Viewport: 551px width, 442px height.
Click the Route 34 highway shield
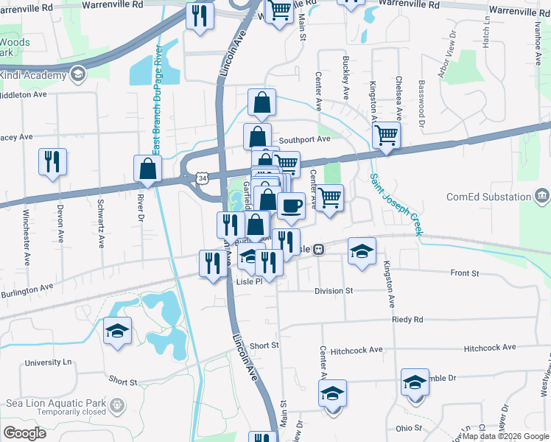pos(202,178)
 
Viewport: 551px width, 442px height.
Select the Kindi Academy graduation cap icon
pos(77,74)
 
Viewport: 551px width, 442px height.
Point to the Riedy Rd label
pos(408,320)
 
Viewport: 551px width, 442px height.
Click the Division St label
pos(334,291)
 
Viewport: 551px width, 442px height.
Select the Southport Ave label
pos(304,138)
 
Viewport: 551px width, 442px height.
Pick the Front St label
pos(465,273)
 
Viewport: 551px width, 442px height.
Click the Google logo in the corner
pos(25,432)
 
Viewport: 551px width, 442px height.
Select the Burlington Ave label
pos(27,287)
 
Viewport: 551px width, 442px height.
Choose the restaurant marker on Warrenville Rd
pos(199,15)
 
